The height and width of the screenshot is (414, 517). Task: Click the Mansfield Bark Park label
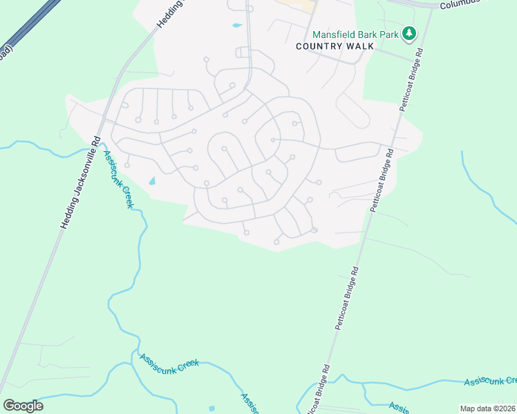tap(357, 33)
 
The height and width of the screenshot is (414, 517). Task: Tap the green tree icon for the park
tap(410, 32)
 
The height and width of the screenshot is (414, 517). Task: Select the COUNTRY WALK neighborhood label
tap(335, 46)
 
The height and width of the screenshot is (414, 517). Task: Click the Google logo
tap(23, 405)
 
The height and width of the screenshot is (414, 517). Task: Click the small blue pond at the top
tap(237, 26)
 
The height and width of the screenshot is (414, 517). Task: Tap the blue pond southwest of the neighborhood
tap(152, 181)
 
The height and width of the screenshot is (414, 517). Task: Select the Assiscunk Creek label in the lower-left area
tap(169, 362)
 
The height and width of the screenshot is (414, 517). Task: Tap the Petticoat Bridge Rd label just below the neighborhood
tap(348, 297)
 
